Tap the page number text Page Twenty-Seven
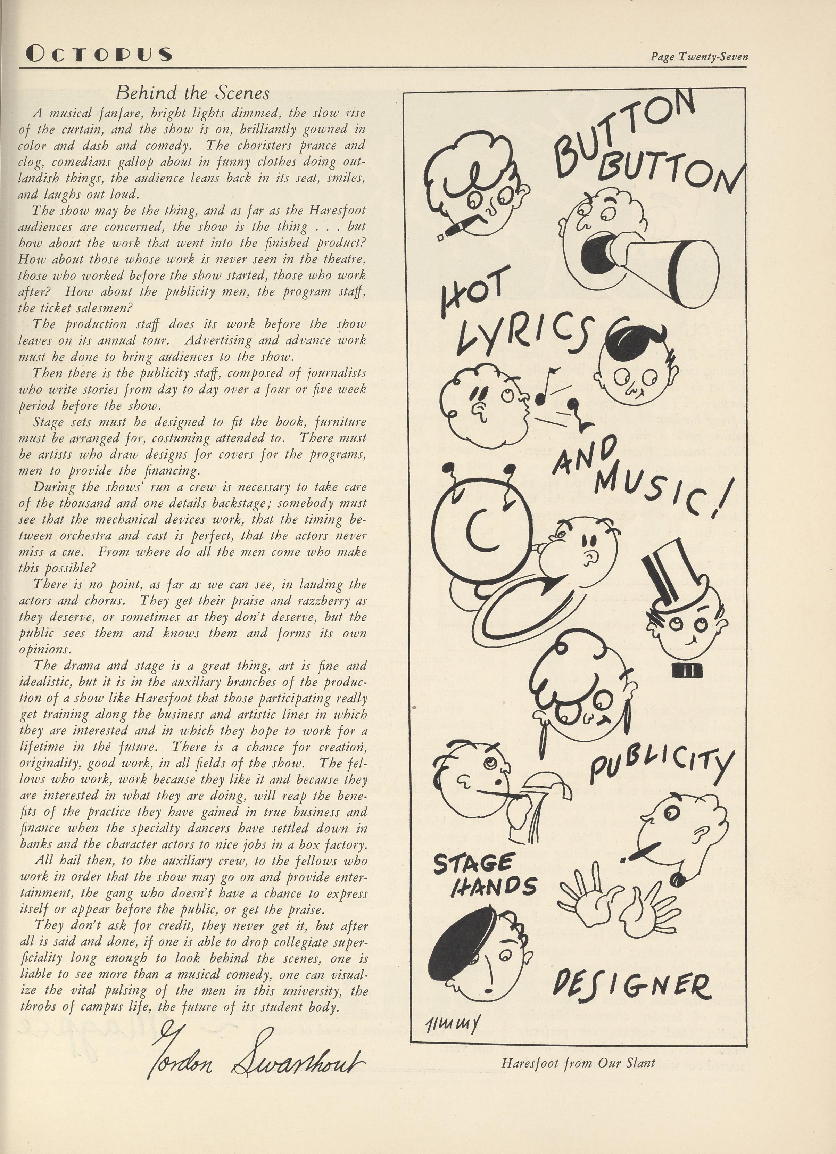click(x=699, y=57)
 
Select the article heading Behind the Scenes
click(x=192, y=93)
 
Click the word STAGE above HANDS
click(x=473, y=864)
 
